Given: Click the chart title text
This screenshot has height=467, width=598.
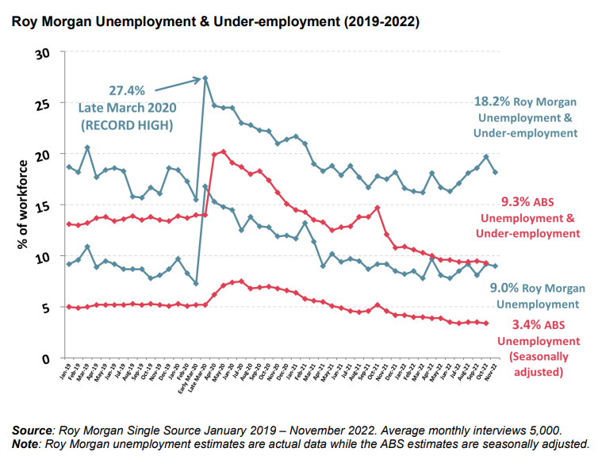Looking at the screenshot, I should (x=215, y=21).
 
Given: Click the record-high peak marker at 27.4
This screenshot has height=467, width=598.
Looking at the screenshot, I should (x=205, y=78).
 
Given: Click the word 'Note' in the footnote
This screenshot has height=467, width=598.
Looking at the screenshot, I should (x=27, y=444).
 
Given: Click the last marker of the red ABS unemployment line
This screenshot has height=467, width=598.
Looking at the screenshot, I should (x=485, y=323).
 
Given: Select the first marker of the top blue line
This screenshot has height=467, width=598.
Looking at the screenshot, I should (x=69, y=167).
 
